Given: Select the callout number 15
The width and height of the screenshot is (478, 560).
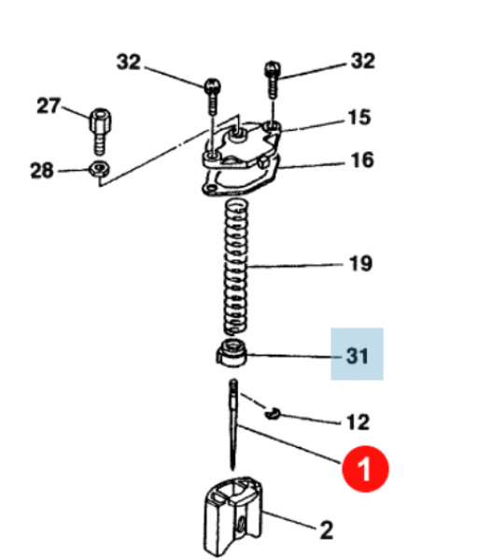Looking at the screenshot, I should click(359, 119).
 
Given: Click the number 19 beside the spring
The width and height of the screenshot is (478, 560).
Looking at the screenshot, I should click(358, 264).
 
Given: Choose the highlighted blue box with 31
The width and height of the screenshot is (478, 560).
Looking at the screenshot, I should click(358, 354).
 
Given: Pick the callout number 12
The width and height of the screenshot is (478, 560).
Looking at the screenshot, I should click(358, 422).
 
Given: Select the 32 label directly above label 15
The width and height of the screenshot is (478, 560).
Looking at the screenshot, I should click(361, 62).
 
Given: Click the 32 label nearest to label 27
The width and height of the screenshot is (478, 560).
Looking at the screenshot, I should click(130, 63).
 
